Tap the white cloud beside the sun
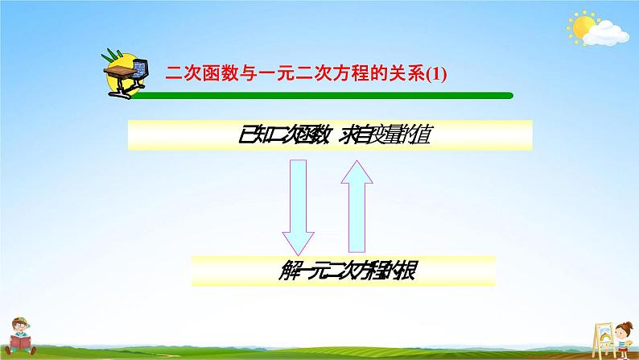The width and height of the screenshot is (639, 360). tap(607, 33)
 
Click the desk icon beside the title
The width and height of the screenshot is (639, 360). tap(126, 73)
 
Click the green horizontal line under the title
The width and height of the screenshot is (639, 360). tap(322, 96)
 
